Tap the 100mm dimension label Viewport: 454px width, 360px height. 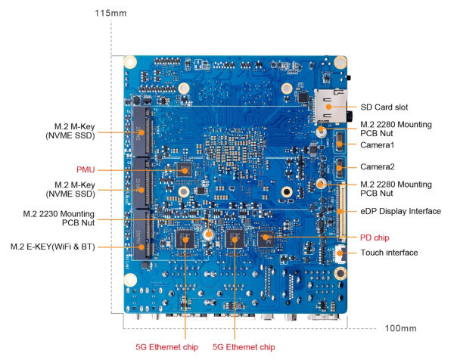click(x=400, y=328)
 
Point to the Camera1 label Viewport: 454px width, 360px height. click(x=378, y=144)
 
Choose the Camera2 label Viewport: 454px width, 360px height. click(x=378, y=166)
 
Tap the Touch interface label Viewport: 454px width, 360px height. click(x=389, y=252)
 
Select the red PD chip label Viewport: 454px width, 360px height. click(x=375, y=236)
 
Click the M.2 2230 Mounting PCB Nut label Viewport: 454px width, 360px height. click(x=63, y=219)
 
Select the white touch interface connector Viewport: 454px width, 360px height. click(x=340, y=253)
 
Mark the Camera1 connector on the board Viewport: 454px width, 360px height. click(x=340, y=141)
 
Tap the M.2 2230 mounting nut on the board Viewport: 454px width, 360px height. click(x=207, y=236)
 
